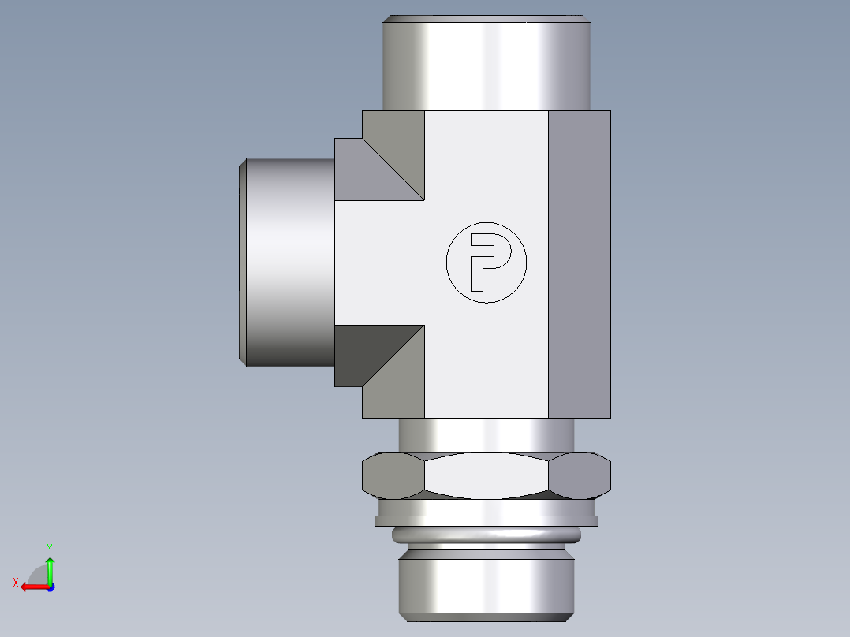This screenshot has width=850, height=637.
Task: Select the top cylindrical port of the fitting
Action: pos(486,63)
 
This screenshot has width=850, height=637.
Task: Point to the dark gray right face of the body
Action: pos(580,264)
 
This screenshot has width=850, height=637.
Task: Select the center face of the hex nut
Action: pos(487,475)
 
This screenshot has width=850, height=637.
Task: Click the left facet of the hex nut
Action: pos(392,475)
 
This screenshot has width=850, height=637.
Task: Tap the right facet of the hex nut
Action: pos(581,475)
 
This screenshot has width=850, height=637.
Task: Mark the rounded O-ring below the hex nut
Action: pos(487,537)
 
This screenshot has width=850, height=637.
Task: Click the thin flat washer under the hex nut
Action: pos(487,520)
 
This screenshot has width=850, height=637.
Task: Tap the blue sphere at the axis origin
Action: pos(50,587)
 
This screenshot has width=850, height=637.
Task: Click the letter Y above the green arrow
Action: pos(50,547)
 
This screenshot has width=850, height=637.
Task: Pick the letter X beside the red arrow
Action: pos(15,583)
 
